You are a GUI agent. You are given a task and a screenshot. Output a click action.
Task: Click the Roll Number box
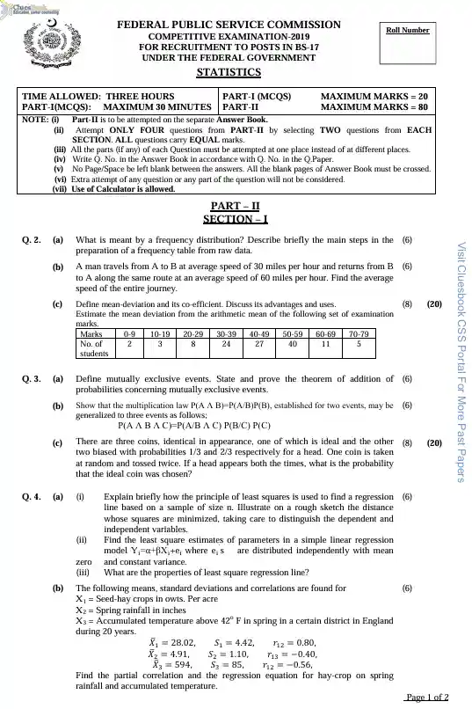point(408,39)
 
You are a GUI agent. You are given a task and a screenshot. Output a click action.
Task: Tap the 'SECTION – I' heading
point(235,219)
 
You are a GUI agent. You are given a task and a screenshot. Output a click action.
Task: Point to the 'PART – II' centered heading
point(235,206)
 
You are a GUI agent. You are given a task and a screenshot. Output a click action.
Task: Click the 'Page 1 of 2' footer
point(427,697)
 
